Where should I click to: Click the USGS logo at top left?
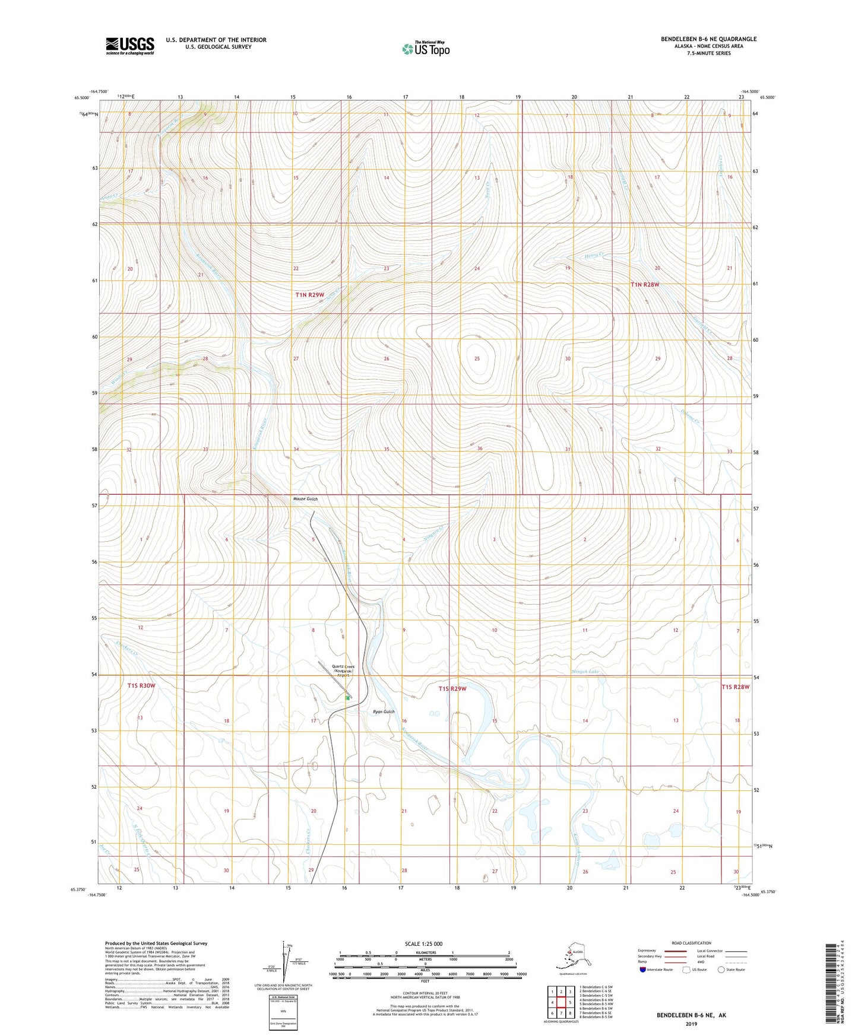pyautogui.click(x=129, y=46)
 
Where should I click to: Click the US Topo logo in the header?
pyautogui.click(x=425, y=49)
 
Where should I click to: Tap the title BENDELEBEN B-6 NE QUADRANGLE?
pyautogui.click(x=708, y=39)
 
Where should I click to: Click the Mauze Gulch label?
pyautogui.click(x=305, y=499)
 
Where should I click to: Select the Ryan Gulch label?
pyautogui.click(x=383, y=711)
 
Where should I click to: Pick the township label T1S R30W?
pyautogui.click(x=141, y=685)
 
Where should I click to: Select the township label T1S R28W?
pyautogui.click(x=735, y=687)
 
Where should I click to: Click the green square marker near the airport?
pyautogui.click(x=348, y=698)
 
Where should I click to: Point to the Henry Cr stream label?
pyautogui.click(x=593, y=256)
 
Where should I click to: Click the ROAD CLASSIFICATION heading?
pyautogui.click(x=691, y=943)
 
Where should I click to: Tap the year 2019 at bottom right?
pyautogui.click(x=691, y=1024)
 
